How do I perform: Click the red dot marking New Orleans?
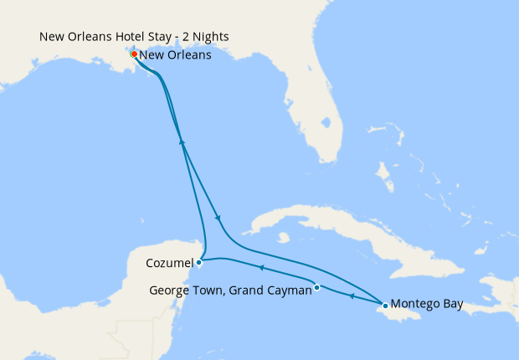134,54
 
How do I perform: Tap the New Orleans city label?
175,55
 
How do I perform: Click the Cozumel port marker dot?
198,262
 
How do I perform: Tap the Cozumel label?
168,262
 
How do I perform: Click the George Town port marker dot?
317,288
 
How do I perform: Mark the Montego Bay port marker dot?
385,305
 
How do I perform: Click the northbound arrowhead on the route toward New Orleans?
181,142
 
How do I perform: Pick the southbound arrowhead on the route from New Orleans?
218,218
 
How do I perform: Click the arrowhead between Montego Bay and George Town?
351,296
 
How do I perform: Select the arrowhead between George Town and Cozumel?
260,268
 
